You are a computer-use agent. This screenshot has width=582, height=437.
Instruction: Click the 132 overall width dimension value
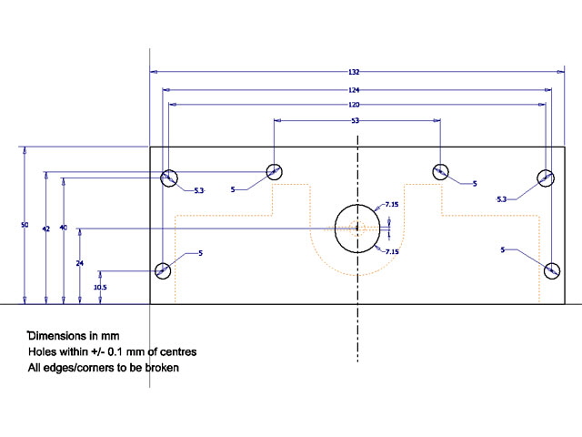pos(354,72)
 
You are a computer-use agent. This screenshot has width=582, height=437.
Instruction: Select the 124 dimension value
pos(354,90)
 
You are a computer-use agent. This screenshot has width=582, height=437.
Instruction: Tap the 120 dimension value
pos(354,105)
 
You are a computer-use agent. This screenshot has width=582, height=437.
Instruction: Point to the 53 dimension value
pos(356,120)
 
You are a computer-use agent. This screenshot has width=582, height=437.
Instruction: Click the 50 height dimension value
pos(25,225)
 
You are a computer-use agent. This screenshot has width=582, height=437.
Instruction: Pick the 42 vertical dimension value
pos(46,229)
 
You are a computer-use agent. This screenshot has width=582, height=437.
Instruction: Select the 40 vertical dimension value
pos(64,228)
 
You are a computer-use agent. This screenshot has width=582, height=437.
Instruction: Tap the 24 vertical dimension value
pos(80,263)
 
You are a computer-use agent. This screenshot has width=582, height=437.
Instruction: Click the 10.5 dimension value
pos(100,288)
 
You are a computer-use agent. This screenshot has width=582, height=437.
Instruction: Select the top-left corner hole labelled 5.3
pos(169,178)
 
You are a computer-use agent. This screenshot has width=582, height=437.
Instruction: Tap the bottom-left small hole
pos(163,270)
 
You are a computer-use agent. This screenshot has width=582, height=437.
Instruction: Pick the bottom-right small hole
pos(552,270)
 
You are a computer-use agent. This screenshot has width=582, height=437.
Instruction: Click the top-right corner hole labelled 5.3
pos(546,178)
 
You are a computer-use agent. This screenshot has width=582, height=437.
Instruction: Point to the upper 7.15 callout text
pos(392,204)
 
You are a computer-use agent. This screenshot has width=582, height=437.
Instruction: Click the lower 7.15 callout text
pos(392,251)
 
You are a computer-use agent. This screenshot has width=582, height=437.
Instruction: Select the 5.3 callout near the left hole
pos(199,190)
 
